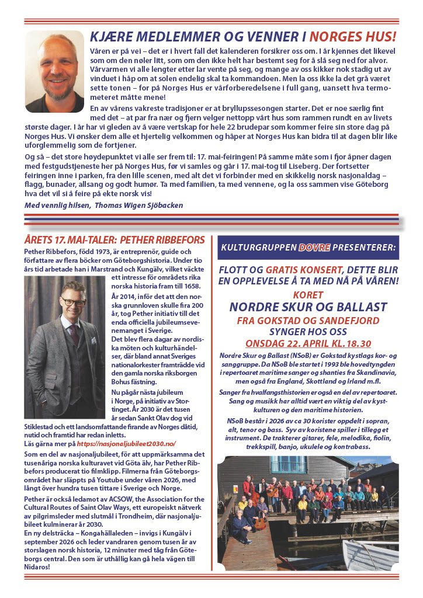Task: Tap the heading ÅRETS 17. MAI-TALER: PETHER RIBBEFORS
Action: (115, 240)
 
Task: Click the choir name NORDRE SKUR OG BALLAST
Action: (307, 307)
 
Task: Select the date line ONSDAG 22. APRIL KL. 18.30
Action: (307, 343)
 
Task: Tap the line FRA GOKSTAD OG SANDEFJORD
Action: (308, 321)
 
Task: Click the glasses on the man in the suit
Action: (73, 303)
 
